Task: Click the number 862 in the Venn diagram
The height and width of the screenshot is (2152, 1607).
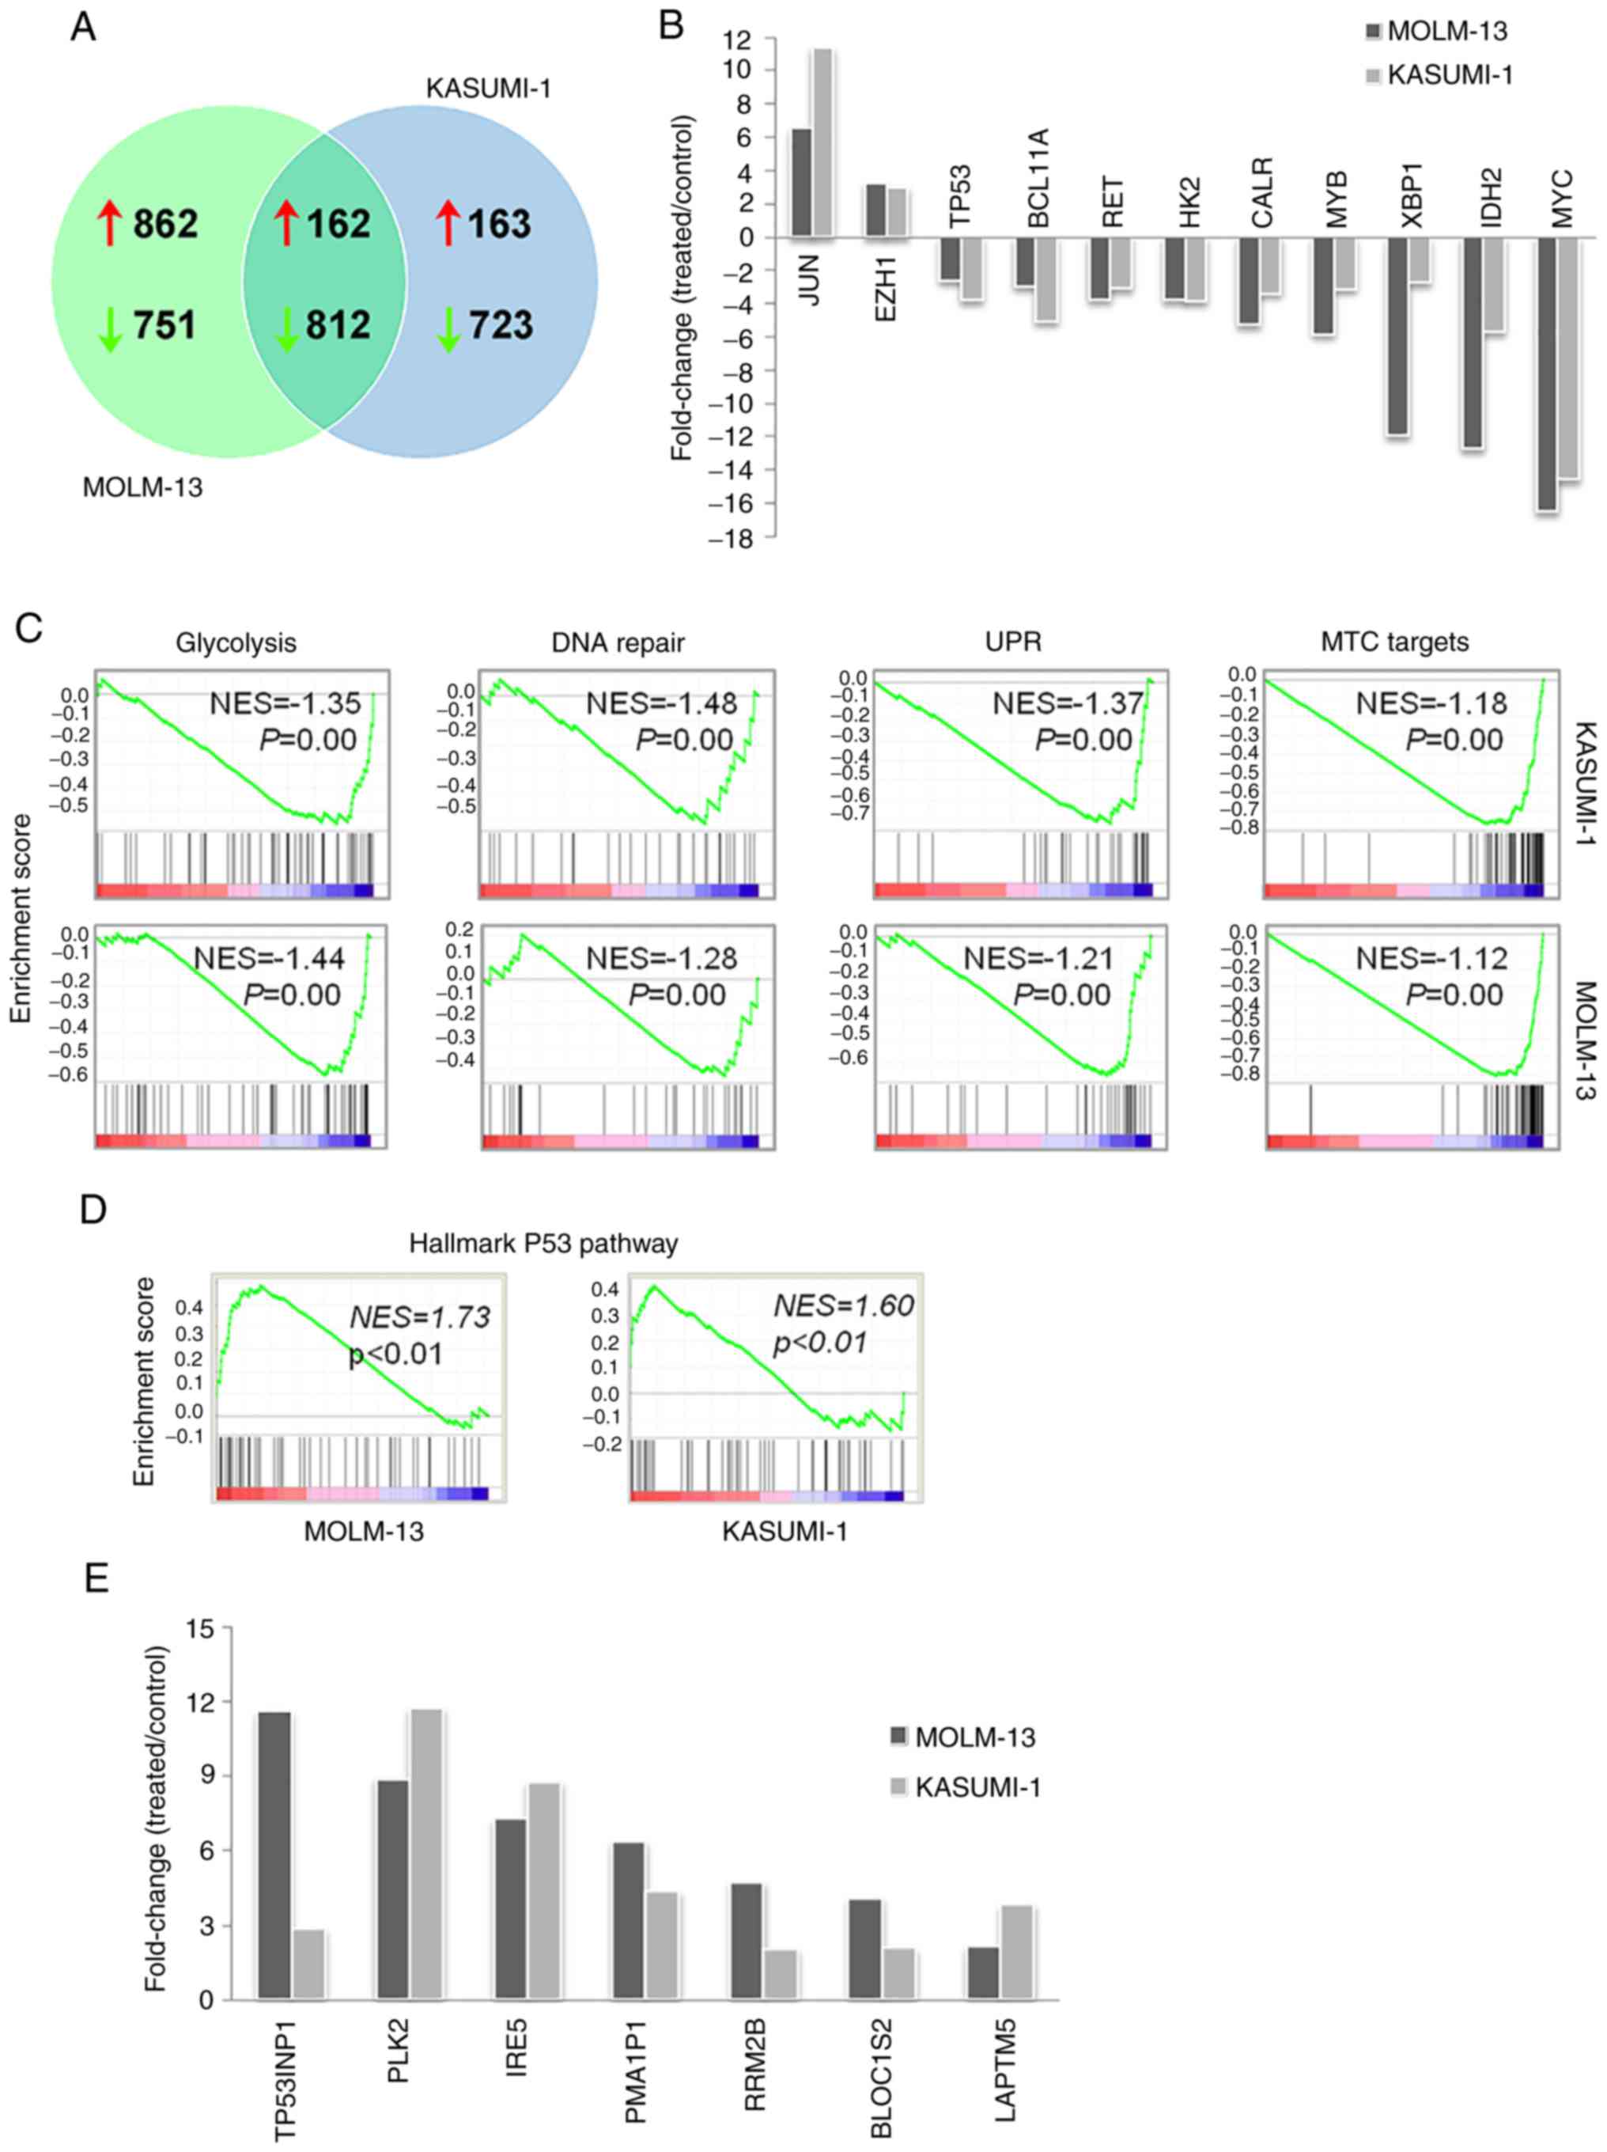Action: click(165, 225)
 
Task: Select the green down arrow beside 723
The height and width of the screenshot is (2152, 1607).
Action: click(448, 328)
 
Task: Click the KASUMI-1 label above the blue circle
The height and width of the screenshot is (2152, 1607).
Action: click(488, 89)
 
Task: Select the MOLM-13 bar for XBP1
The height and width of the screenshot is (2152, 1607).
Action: click(1399, 335)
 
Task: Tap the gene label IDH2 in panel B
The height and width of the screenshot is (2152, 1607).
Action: click(1492, 198)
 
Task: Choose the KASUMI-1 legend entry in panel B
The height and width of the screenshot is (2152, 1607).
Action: click(1450, 75)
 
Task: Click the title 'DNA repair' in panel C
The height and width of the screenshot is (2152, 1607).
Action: click(618, 643)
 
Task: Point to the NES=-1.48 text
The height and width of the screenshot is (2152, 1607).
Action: click(661, 703)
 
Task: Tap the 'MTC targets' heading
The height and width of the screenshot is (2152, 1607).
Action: click(1394, 642)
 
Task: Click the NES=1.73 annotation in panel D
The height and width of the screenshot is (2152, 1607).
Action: click(419, 1317)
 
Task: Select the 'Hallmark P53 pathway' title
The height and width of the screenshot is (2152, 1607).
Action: click(543, 1244)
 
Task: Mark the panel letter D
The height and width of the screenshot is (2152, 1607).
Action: click(93, 1211)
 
